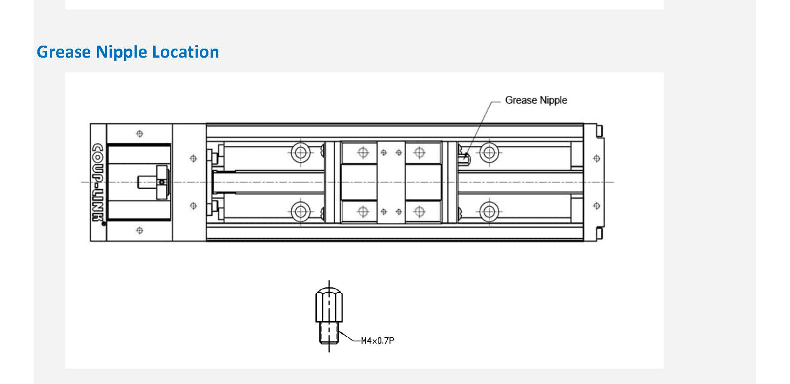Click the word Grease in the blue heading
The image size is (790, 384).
[64, 52]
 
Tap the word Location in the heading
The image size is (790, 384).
[185, 52]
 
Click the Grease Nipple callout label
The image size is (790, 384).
[536, 100]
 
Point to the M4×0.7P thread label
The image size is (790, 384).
[377, 341]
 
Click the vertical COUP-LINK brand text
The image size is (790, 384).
[98, 182]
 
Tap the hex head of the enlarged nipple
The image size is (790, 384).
[329, 305]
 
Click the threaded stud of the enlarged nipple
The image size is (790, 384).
[329, 333]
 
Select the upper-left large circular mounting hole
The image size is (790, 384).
[300, 152]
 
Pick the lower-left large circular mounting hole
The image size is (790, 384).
[300, 211]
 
